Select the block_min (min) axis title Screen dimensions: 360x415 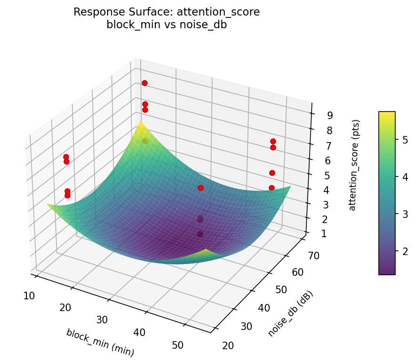(100, 342)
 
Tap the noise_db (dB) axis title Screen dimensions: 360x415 (290, 313)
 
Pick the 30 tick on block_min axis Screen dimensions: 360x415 (102, 320)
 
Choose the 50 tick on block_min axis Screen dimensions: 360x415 (177, 345)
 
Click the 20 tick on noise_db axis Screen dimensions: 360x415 (228, 346)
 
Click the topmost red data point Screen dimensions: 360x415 (144, 83)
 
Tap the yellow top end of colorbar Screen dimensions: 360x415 (387, 113)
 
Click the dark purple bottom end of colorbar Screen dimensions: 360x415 (387, 272)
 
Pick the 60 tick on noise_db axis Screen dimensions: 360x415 (293, 272)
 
